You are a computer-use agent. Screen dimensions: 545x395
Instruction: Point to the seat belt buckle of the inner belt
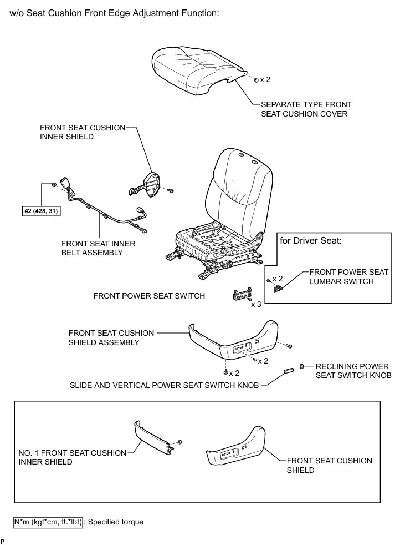[x=70, y=185]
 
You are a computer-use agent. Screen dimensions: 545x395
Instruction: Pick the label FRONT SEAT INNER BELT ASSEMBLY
[x=99, y=248]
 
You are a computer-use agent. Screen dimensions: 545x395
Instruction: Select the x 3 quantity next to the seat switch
[x=256, y=304]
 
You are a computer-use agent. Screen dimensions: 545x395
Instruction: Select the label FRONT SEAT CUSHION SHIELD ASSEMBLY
[x=104, y=337]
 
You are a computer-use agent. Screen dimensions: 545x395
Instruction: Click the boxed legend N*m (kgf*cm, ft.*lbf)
[x=48, y=522]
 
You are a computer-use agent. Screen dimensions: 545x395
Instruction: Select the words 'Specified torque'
[x=116, y=522]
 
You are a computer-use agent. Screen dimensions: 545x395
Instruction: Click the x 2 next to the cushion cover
[x=265, y=79]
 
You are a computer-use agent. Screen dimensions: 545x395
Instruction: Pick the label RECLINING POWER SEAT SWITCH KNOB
[x=352, y=371]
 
